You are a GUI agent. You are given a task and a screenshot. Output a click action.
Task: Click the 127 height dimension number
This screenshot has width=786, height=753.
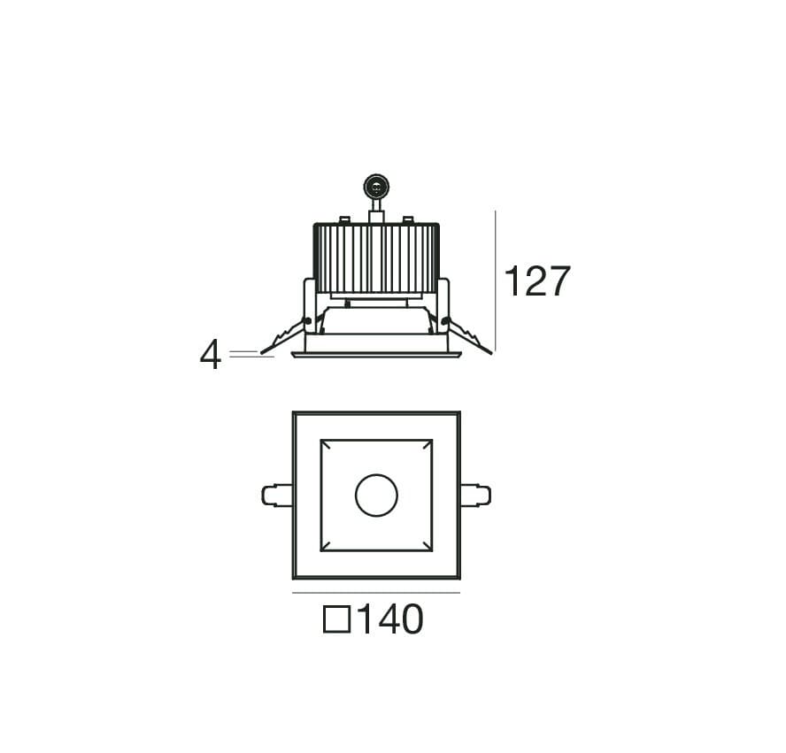537,281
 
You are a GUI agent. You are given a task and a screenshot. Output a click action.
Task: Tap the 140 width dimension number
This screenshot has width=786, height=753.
391,619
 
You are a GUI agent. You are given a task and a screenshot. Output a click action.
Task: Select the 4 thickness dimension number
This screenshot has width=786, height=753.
211,355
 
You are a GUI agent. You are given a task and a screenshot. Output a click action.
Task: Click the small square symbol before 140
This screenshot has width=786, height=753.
337,619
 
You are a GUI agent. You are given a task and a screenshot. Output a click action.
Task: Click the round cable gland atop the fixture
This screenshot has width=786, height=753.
376,187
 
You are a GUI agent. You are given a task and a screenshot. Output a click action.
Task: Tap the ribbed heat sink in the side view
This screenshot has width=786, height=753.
376,258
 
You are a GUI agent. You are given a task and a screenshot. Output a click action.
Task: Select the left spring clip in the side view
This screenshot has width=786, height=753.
284,335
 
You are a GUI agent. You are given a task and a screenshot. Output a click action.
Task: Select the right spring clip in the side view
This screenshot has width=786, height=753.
467,335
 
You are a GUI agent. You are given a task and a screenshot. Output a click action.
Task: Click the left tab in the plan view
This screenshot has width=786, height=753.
277,495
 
